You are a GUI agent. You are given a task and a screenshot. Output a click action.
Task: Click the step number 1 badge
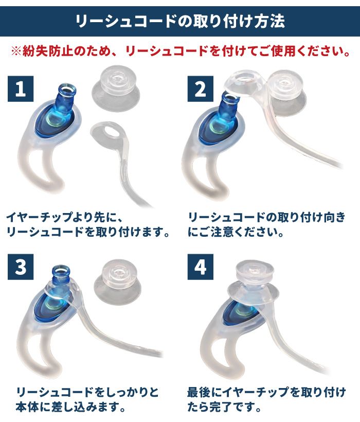click(21, 89)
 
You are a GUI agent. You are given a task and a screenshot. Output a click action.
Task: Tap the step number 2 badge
click(200, 89)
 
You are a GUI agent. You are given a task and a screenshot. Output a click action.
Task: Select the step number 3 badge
click(21, 267)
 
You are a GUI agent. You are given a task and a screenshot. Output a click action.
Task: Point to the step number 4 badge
click(200, 267)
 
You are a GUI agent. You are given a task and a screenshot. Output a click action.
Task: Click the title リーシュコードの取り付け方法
click(179, 21)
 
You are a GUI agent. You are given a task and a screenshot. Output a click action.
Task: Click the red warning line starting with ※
click(181, 51)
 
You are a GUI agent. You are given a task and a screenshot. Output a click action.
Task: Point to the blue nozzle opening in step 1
click(66, 89)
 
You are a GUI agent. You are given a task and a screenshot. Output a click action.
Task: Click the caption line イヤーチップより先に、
click(64, 217)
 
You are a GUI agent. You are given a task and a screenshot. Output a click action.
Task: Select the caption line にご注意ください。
click(236, 232)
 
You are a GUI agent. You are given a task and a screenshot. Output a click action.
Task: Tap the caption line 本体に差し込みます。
click(70, 407)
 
